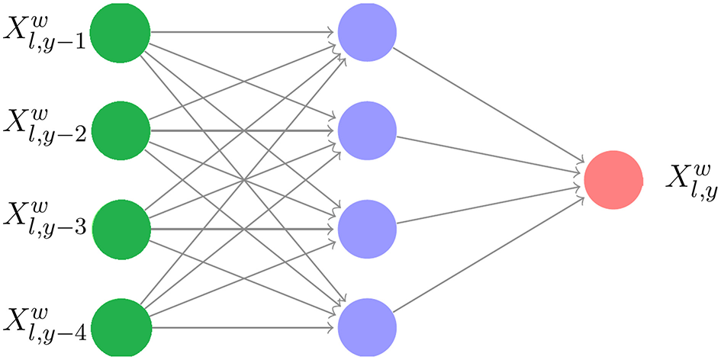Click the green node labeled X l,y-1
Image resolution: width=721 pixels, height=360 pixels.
[x=120, y=33]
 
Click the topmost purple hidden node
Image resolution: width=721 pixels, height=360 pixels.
[x=367, y=32]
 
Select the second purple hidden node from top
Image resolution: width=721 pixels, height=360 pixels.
[x=367, y=130]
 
